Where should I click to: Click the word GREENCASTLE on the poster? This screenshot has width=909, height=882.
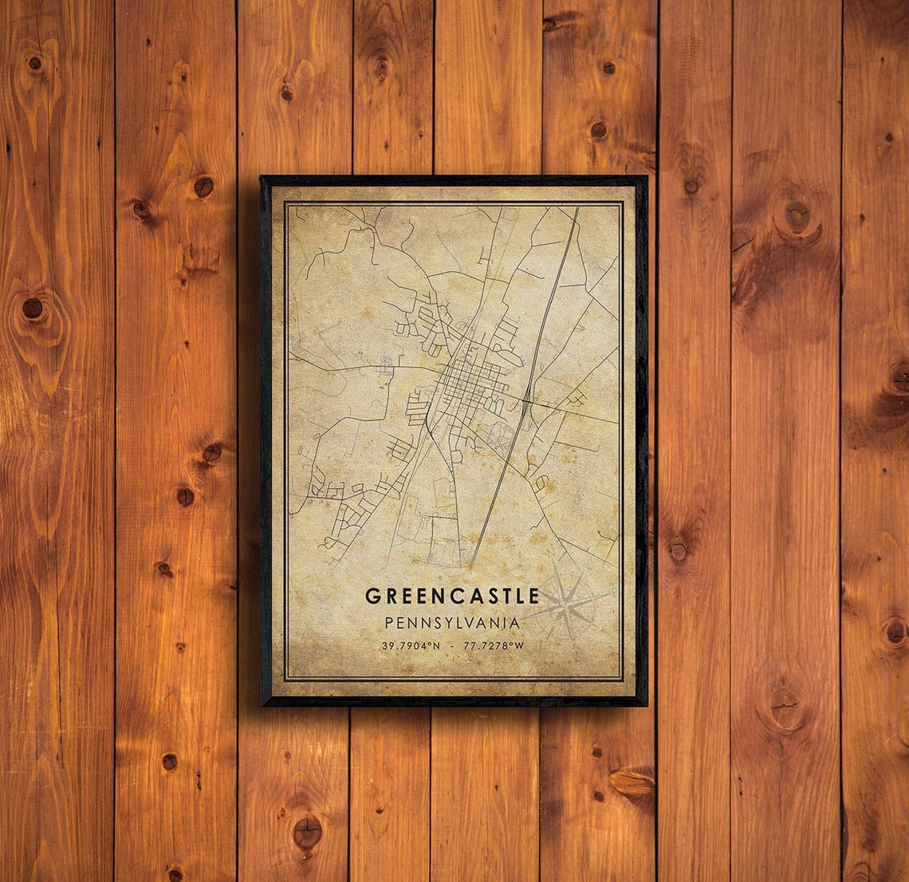(x=452, y=596)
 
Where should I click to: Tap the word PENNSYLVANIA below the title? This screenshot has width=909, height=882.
(x=452, y=622)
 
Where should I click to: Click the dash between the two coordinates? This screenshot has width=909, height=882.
(x=453, y=646)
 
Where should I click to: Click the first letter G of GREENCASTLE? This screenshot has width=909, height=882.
(x=372, y=596)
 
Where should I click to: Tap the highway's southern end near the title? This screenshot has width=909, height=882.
(x=471, y=565)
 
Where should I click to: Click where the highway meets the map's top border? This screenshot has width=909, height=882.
(x=576, y=209)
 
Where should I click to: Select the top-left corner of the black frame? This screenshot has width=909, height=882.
(x=262, y=178)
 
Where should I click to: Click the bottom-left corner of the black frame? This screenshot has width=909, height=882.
(x=263, y=704)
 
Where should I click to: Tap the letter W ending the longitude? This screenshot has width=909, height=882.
(x=519, y=646)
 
